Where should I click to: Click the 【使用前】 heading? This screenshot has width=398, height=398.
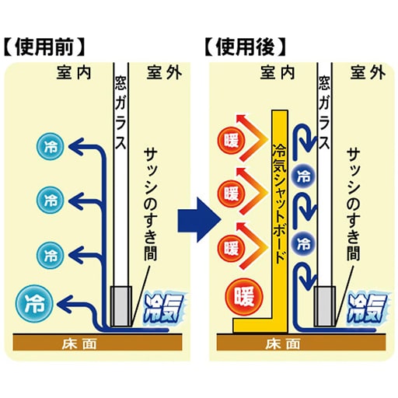click(x=45, y=47)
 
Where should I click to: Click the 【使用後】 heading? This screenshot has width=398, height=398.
click(x=246, y=47)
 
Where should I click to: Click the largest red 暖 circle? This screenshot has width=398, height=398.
click(x=244, y=297)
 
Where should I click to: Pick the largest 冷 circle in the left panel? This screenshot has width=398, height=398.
click(x=34, y=302)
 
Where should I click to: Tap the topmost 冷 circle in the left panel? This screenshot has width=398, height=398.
click(x=51, y=146)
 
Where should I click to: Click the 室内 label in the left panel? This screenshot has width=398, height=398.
click(x=74, y=72)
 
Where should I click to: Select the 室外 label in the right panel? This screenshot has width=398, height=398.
click(x=368, y=72)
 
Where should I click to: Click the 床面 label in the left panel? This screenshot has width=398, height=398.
click(x=79, y=344)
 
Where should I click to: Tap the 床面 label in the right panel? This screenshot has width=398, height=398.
click(x=283, y=344)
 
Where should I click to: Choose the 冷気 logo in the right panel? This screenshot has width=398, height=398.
click(x=365, y=309)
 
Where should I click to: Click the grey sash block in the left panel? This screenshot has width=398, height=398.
click(x=121, y=306)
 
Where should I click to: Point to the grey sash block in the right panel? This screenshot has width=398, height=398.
click(x=324, y=306)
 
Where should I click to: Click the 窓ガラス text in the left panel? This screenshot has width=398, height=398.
click(x=121, y=112)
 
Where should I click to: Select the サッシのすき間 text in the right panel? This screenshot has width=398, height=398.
click(x=354, y=204)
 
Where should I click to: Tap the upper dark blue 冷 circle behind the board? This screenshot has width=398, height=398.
click(x=303, y=177)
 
